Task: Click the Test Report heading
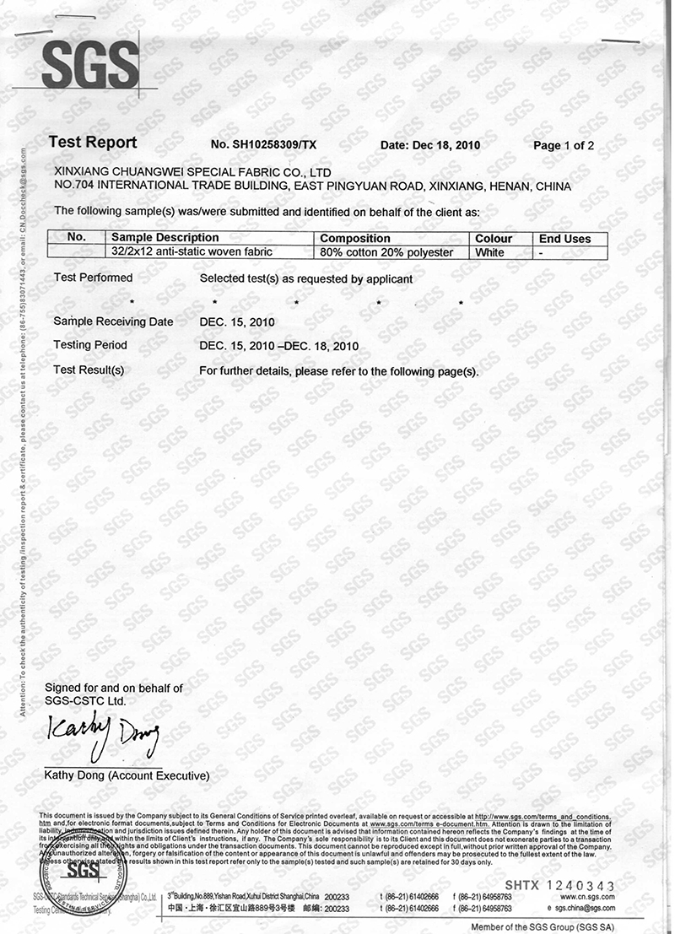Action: click(93, 143)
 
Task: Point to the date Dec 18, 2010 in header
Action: click(430, 145)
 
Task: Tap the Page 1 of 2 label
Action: click(564, 145)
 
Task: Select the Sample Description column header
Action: click(165, 238)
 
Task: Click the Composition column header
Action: click(355, 239)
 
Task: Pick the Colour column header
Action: click(494, 239)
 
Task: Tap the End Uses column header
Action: click(565, 239)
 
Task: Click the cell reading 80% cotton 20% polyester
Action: click(387, 252)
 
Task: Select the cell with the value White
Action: click(489, 252)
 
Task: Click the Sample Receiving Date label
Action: click(113, 321)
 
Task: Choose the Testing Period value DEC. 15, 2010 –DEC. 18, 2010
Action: click(279, 346)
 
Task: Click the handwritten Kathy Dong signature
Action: click(103, 738)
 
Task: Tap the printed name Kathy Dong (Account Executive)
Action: click(127, 775)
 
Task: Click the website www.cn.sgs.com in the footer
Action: click(586, 896)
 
